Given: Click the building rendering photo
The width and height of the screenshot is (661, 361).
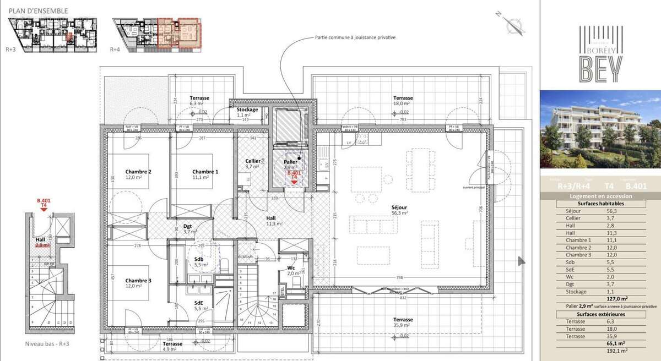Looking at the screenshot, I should tap(600, 129).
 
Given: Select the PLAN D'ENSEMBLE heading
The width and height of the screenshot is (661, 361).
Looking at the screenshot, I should tap(37, 10).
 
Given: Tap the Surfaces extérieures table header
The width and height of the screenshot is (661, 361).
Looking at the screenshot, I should tap(600, 314).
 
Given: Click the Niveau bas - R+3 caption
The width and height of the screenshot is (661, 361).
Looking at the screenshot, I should tap(47, 343).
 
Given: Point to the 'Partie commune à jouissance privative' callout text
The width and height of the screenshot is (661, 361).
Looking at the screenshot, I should tap(355, 38).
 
